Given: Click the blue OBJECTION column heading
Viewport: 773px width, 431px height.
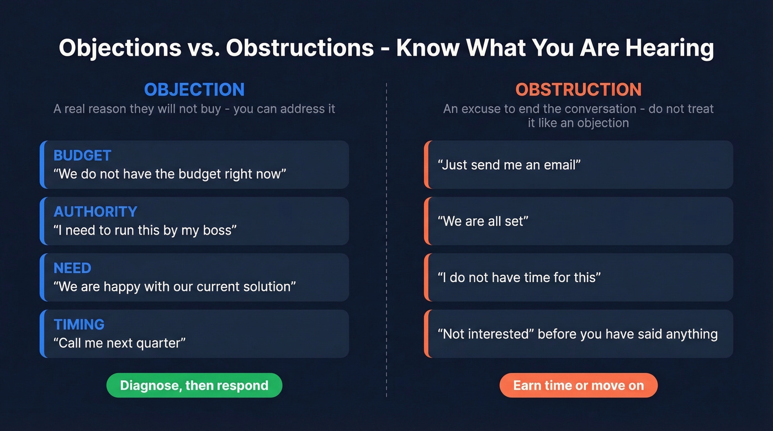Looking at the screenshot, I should pos(194,89).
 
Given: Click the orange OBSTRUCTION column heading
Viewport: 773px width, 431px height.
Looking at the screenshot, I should pos(578,89).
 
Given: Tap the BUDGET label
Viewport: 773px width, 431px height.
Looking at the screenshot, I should pos(82,156).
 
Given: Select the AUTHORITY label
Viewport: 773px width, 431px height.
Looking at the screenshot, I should pos(95,212).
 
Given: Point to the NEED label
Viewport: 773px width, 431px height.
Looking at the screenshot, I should pos(72,268).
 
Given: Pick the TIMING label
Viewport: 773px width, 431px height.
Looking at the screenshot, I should pos(79,324).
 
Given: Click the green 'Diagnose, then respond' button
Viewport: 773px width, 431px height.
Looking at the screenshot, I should pos(194,385).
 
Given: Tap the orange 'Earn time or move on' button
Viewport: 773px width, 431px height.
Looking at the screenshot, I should pos(578,385).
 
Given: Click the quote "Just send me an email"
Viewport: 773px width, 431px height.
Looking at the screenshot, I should pos(509,165).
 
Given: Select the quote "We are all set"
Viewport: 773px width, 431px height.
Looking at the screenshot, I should pos(483,221).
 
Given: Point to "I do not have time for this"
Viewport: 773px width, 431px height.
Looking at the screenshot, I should pos(518,278).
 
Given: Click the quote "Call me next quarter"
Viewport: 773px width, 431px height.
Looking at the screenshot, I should pos(119,343).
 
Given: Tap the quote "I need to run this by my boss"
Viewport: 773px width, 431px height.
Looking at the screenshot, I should pos(145,230).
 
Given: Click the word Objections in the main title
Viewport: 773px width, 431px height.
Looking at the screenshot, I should pos(120,48).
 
